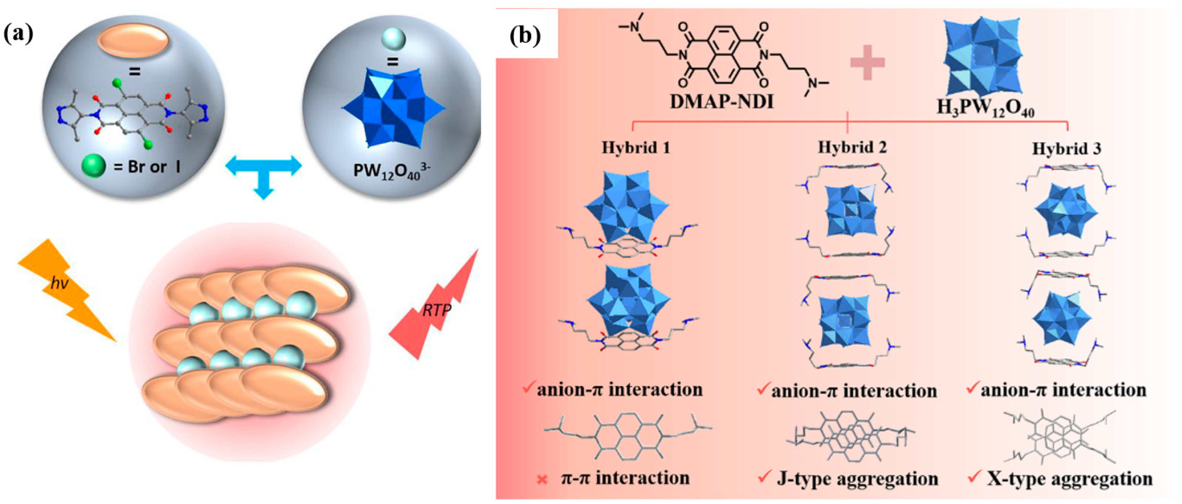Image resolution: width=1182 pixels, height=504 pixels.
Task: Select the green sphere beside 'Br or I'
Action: tap(93, 166)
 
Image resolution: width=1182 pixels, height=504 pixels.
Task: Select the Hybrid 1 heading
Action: tap(636, 148)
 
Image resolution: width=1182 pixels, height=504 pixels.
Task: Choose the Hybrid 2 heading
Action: tap(852, 147)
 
